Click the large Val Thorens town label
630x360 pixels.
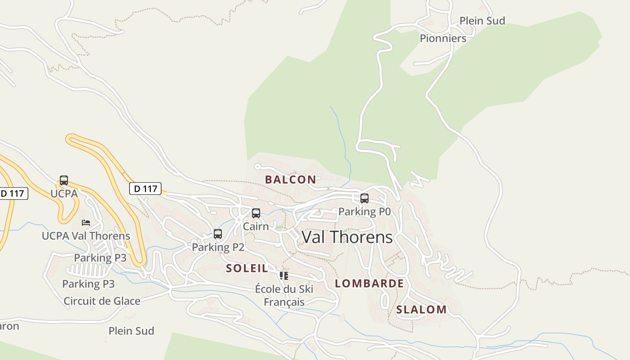pyautogui.click(x=347, y=237)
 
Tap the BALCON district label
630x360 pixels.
pyautogui.click(x=290, y=180)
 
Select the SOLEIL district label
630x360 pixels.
pyautogui.click(x=247, y=269)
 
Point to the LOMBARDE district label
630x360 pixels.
pyautogui.click(x=369, y=283)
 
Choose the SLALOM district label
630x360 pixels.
pyautogui.click(x=421, y=310)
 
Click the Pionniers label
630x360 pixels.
pyautogui.click(x=443, y=38)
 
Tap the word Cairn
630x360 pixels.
pyautogui.click(x=256, y=226)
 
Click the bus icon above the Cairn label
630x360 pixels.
pyautogui.click(x=256, y=213)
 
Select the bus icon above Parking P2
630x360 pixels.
pyautogui.click(x=218, y=234)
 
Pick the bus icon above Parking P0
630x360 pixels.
pyautogui.click(x=364, y=198)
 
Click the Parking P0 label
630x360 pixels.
pyautogui.click(x=364, y=211)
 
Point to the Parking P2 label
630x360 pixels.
pyautogui.click(x=218, y=247)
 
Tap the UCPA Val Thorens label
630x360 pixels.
pyautogui.click(x=86, y=236)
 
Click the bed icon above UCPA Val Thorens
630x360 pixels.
pyautogui.click(x=86, y=222)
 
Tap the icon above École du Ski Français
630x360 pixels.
pyautogui.click(x=283, y=275)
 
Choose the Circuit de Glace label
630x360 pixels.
pyautogui.click(x=102, y=301)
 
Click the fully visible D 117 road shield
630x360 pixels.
pyautogui.click(x=145, y=189)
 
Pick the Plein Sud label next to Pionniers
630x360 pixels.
pyautogui.click(x=482, y=21)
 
